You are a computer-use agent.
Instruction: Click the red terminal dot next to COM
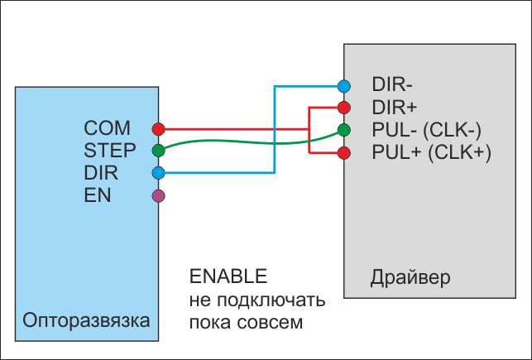[x=159, y=129]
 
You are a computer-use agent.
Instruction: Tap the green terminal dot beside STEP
[x=159, y=150]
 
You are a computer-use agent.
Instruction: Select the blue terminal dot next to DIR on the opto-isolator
[x=159, y=173]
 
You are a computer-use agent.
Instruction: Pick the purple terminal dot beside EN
[x=159, y=196]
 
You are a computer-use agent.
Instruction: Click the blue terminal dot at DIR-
[x=344, y=86]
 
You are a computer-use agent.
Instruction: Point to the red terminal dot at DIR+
[x=344, y=108]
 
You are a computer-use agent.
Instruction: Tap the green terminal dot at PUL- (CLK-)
[x=344, y=130]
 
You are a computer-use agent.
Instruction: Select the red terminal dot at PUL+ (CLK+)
[x=344, y=152]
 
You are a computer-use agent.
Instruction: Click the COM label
[x=107, y=128]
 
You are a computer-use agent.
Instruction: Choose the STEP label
[x=109, y=151]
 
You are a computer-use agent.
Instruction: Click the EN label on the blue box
[x=98, y=195]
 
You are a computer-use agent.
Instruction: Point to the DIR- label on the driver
[x=392, y=84]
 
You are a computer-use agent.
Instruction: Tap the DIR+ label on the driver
[x=395, y=108]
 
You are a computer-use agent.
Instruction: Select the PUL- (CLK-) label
[x=426, y=130]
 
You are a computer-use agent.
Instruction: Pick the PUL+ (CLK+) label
[x=432, y=152]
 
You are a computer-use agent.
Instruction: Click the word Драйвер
[x=410, y=278]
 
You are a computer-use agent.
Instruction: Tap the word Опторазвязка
[x=86, y=321]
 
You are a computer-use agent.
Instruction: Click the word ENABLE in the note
[x=228, y=276]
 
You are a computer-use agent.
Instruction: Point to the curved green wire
[x=251, y=142]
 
